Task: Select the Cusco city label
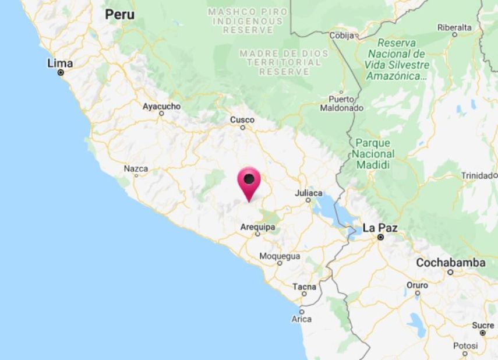[x=242, y=119]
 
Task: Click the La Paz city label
[x=380, y=228]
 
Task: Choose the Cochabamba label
[x=450, y=263]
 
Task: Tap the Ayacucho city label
[x=161, y=107]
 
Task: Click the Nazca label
[x=136, y=168]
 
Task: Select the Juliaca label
[x=309, y=192]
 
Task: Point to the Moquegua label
[x=280, y=256]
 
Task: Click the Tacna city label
[x=305, y=287]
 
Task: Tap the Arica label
[x=301, y=319]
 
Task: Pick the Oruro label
[x=417, y=285]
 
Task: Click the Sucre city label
[x=483, y=325]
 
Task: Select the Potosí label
[x=465, y=345]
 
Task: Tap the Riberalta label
[x=454, y=27]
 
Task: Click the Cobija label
[x=342, y=36]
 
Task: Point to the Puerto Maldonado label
[x=341, y=103]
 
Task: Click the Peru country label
[x=119, y=15]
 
